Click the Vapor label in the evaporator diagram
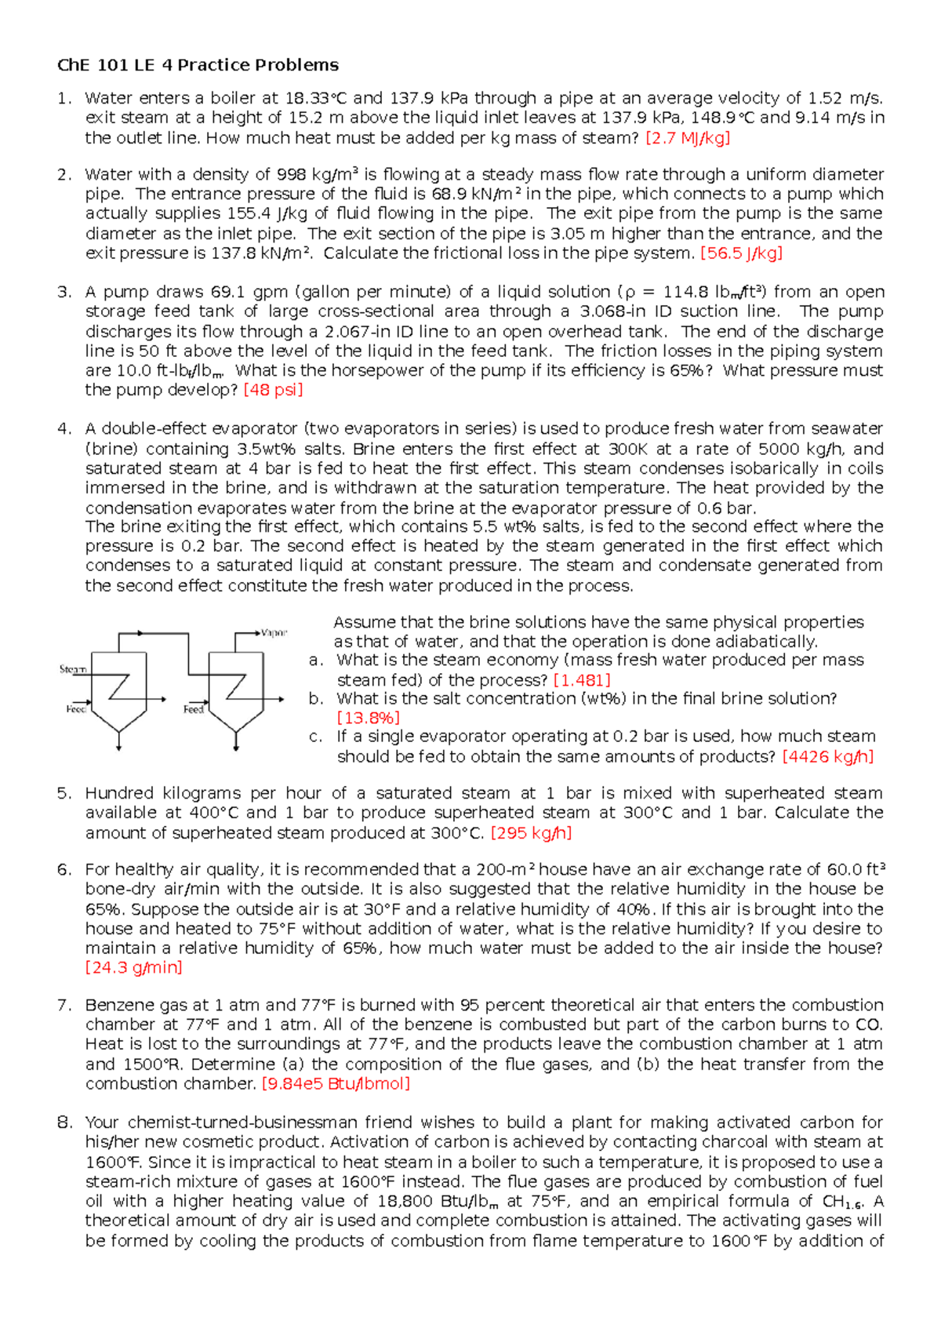tap(274, 632)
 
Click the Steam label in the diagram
tap(73, 669)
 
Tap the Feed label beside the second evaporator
tap(194, 709)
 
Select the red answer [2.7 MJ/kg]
tap(687, 138)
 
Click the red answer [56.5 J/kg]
tap(741, 253)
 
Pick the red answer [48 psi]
tap(273, 390)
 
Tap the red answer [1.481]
tap(581, 680)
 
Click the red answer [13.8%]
tap(368, 718)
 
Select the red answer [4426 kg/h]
tap(827, 756)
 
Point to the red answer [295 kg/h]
tap(531, 833)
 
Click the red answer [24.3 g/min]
tap(133, 968)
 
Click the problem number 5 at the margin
tap(64, 793)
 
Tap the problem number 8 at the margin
tap(64, 1123)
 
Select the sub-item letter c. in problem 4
tap(315, 737)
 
